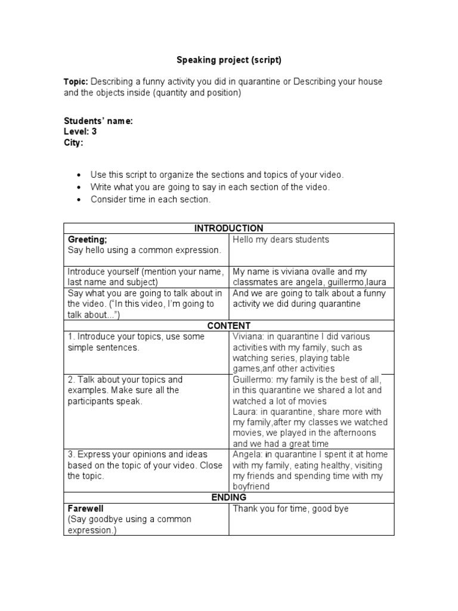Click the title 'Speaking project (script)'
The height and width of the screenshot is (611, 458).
click(x=228, y=60)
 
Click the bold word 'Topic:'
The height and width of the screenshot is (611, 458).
click(x=76, y=82)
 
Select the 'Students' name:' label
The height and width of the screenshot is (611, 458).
click(x=98, y=121)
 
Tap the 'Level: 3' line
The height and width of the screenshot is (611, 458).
click(x=80, y=132)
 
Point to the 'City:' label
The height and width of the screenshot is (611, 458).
click(x=73, y=143)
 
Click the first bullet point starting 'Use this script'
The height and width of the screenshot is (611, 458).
click(x=217, y=175)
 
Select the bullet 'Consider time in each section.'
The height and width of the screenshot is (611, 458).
click(x=150, y=199)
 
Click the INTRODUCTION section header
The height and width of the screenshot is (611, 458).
click(x=228, y=229)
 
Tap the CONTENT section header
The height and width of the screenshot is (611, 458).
click(x=228, y=326)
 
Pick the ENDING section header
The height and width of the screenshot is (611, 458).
click(x=228, y=498)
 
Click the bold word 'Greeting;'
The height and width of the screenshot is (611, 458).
click(x=88, y=239)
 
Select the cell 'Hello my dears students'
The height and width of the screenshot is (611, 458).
click(x=280, y=240)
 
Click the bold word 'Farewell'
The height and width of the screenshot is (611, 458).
click(x=86, y=508)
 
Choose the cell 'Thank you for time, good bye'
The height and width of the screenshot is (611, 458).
click(x=290, y=508)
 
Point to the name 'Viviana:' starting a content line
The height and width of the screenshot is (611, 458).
click(x=249, y=337)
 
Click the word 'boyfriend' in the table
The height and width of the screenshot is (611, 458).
click(x=251, y=487)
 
